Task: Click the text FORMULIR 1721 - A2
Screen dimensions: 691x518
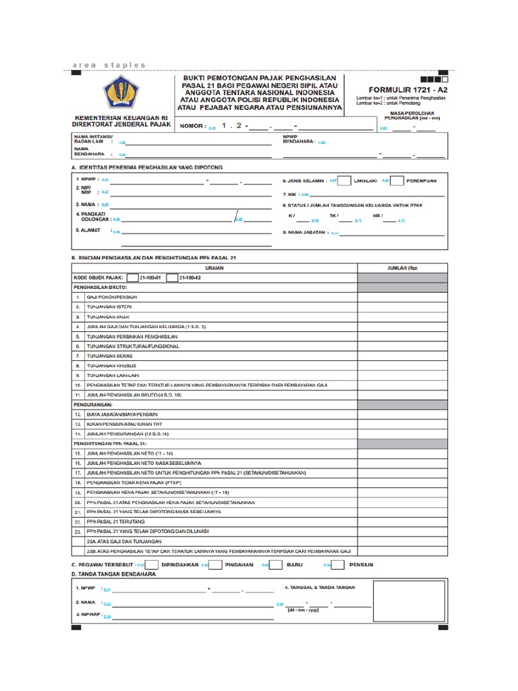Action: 401,89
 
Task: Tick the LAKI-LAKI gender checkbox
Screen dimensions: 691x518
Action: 343,180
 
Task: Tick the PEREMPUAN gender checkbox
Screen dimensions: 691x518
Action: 397,180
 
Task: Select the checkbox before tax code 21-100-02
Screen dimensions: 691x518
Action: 171,277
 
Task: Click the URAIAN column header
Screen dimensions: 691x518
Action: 214,267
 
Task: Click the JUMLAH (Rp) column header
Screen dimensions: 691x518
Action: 402,267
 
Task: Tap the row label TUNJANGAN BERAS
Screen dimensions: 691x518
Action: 109,355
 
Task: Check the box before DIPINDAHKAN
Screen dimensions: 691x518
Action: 152,564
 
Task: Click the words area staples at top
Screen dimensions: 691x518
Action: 109,65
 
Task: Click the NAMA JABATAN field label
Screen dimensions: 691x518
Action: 304,233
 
